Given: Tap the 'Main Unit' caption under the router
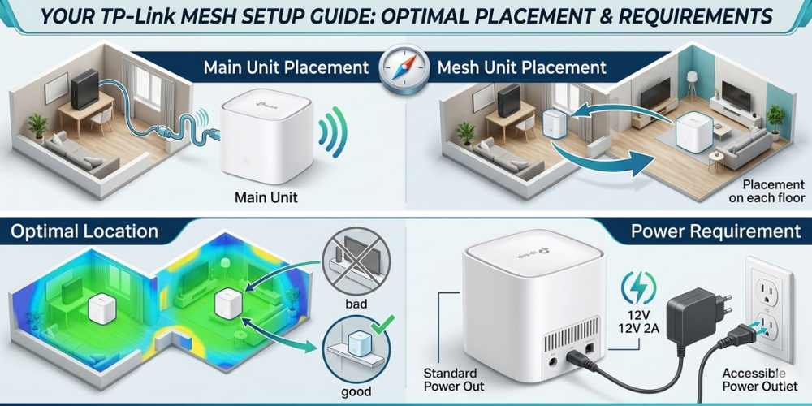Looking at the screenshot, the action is (266, 197).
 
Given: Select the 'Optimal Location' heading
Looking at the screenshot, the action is (84, 231).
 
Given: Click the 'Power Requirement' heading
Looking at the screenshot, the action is (715, 231).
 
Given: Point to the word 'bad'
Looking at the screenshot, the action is (355, 304).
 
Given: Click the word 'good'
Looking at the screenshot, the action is (356, 392).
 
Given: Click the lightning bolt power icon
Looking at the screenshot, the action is (638, 287).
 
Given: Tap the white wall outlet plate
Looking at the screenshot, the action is (769, 309).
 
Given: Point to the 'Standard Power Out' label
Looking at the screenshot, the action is (454, 379).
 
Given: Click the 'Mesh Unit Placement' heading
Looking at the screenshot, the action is (521, 68).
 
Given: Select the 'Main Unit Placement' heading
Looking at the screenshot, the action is (287, 68).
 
